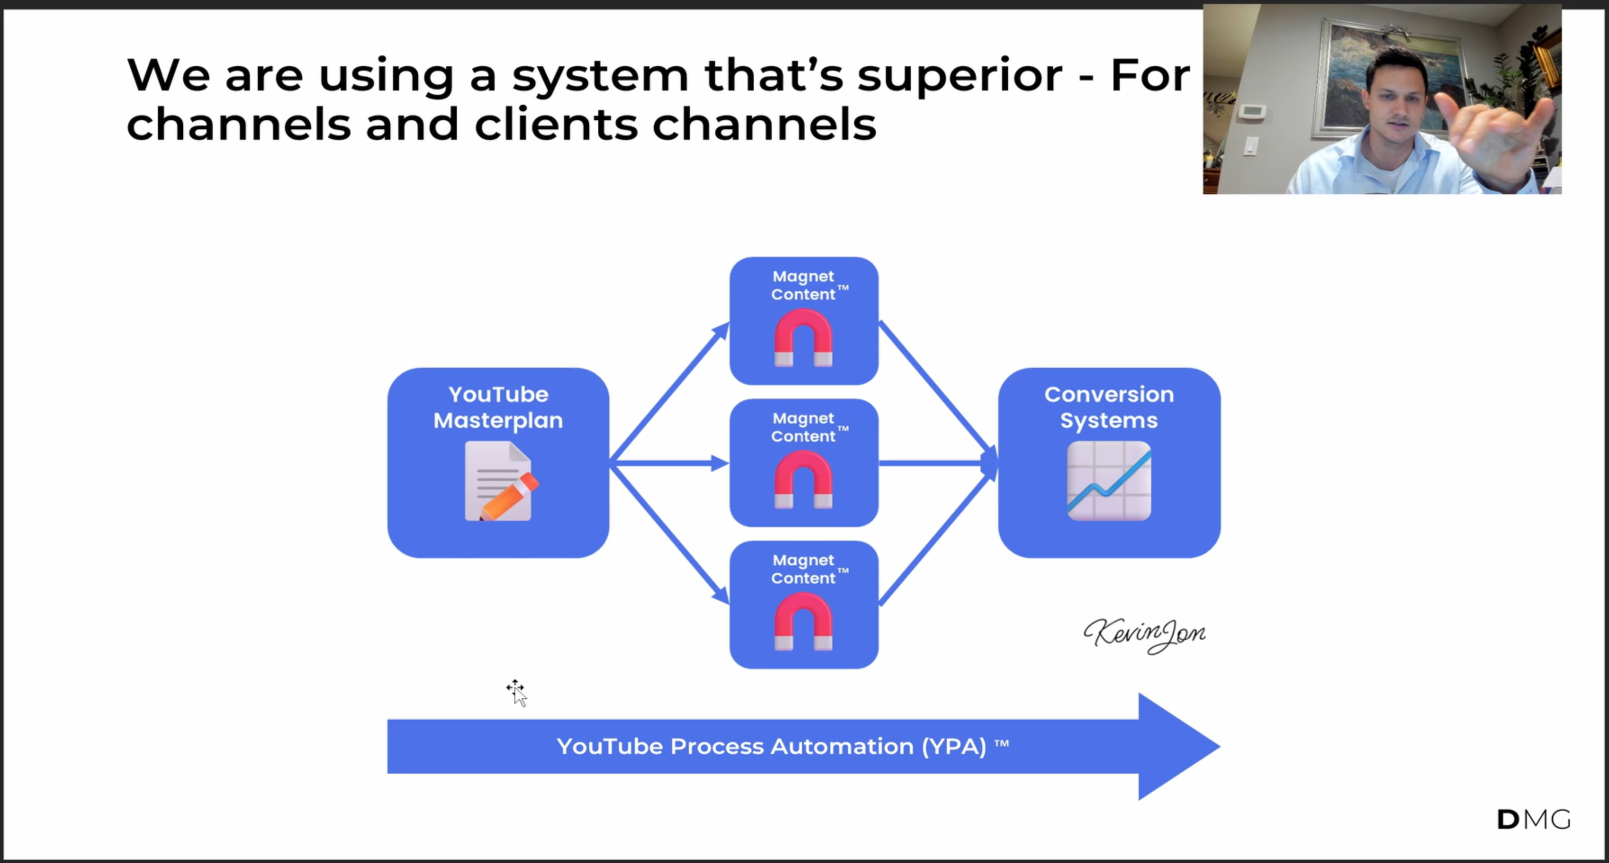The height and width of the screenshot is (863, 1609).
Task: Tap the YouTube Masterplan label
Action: point(498,407)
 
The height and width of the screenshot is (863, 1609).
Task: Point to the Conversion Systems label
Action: point(1109,407)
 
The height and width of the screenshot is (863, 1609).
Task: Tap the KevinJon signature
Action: point(1144,634)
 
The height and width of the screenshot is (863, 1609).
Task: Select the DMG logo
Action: point(1533,819)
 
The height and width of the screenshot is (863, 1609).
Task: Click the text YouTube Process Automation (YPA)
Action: point(771,746)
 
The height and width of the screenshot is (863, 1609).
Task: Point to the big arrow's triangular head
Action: point(1174,746)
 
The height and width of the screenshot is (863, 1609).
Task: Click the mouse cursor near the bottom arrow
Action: point(517,692)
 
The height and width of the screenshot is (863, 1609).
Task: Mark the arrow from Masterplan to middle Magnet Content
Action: point(668,463)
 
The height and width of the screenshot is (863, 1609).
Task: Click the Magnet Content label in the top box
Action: point(803,285)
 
